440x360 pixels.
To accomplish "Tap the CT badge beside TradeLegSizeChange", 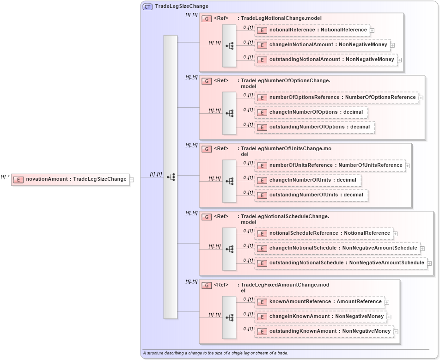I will coord(148,6).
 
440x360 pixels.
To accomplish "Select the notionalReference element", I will coord(312,30).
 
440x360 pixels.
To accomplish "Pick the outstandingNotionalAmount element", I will coord(326,60).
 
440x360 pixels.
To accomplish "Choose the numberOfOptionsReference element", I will coord(337,98).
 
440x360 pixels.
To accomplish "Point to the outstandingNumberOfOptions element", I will coord(314,127).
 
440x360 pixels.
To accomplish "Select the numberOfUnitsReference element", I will coord(330,165).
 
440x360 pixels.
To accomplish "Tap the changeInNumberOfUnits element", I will coord(307,180).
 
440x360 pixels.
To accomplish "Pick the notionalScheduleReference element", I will coord(324,233).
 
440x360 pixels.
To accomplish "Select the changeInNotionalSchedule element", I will coord(337,248).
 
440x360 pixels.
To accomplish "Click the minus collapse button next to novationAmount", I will coord(132,179).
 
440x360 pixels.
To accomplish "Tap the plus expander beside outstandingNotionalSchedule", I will coord(429,263).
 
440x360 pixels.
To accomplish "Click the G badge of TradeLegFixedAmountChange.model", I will coord(207,286).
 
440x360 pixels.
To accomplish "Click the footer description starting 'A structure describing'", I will coord(215,353).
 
